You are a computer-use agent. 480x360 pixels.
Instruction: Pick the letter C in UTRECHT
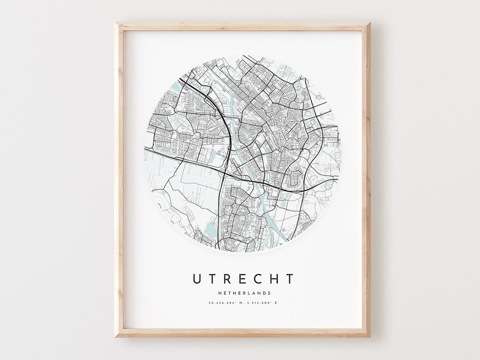tap(258, 279)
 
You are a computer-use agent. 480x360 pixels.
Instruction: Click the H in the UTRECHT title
tap(274, 279)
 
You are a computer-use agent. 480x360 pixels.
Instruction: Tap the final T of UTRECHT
tap(289, 279)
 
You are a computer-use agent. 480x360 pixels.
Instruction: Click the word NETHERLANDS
tap(244, 293)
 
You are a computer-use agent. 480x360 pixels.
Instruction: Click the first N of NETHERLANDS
tap(220, 293)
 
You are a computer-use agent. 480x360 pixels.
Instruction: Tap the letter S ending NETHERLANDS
tap(269, 293)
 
